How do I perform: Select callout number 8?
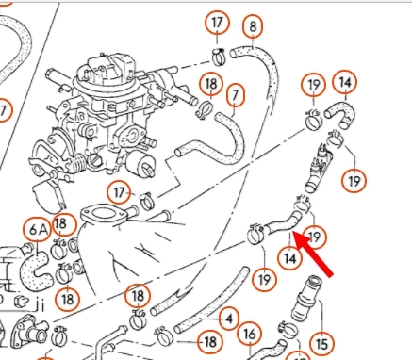point(253,26)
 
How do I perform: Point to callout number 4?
point(229,319)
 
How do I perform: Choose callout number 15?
point(321,343)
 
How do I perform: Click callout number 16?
point(250,335)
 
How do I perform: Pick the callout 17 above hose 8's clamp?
point(217,23)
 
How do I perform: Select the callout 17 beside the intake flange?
point(119,192)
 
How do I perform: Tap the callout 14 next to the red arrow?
point(289,258)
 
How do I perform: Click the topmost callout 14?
point(345,82)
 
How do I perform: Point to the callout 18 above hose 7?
point(211,84)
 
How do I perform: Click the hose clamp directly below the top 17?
point(219,57)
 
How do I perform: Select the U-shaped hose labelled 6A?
point(37,271)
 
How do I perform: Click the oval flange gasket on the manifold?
point(103,216)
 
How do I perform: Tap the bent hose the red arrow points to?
point(283,223)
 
